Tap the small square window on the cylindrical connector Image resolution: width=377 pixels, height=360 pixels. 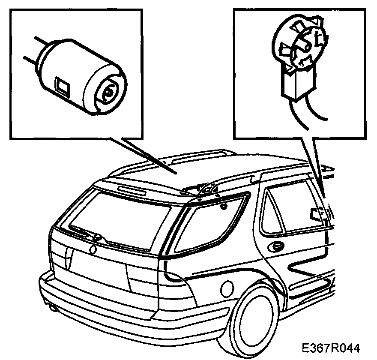[62, 86]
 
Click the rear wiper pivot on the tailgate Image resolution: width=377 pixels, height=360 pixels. [98, 237]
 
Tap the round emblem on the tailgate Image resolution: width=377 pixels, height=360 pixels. [93, 249]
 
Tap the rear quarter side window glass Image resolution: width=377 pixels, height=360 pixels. [210, 225]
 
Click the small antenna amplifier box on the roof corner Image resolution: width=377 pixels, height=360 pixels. [209, 189]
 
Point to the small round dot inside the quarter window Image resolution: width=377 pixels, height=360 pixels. [224, 207]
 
